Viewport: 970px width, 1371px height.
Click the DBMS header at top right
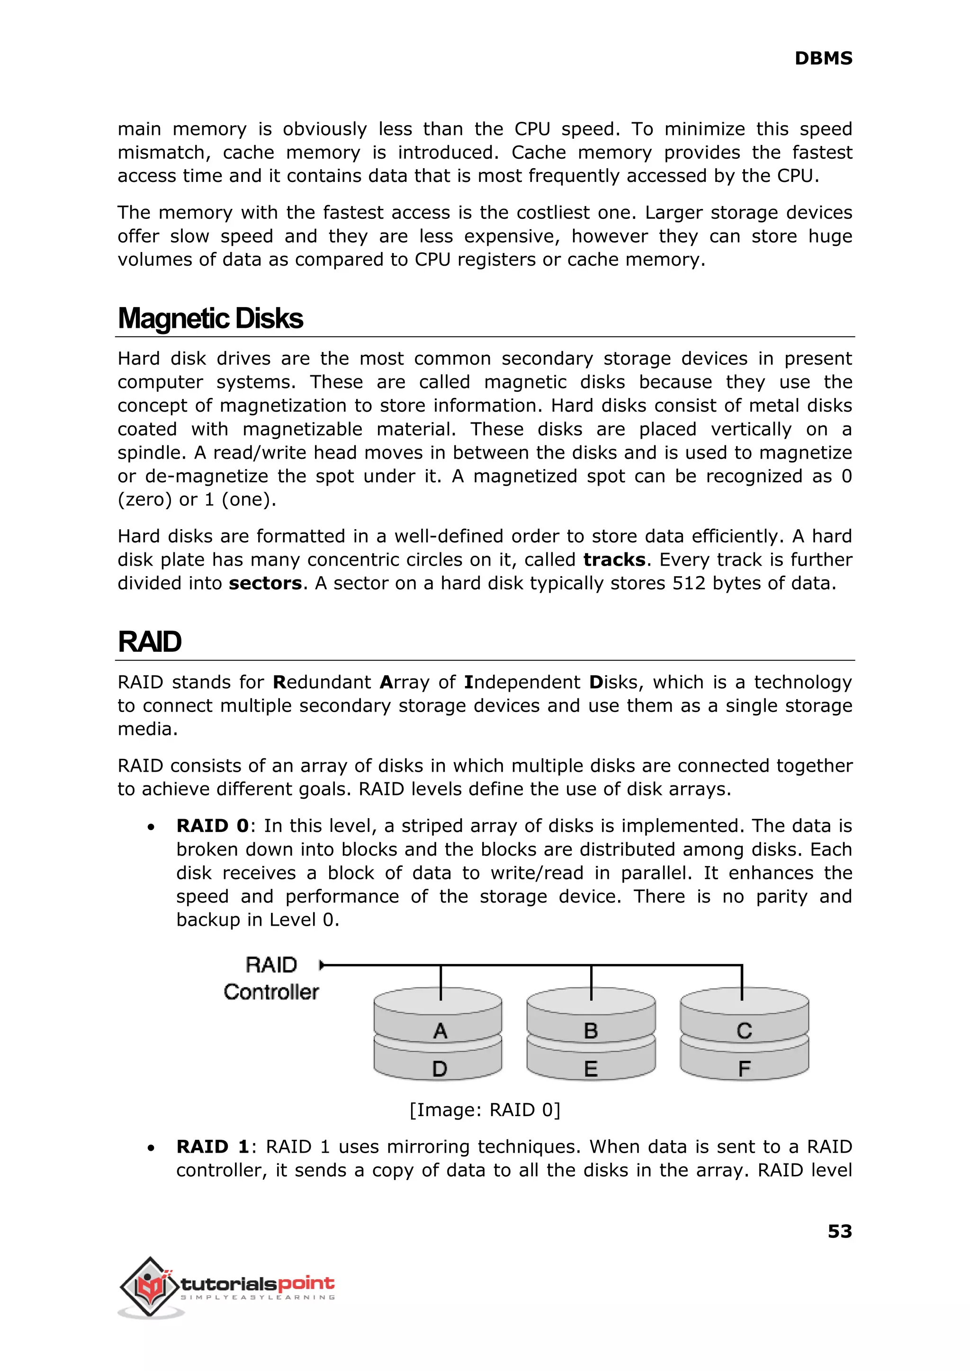[x=823, y=59]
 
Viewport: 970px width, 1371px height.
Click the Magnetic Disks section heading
[x=210, y=318]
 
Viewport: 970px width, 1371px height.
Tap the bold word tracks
[x=614, y=560]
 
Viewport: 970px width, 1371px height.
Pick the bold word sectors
[x=265, y=583]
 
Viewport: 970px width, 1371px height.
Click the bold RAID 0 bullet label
[x=212, y=826]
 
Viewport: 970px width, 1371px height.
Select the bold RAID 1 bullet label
[x=212, y=1146]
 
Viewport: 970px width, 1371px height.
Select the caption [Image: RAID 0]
[x=485, y=1110]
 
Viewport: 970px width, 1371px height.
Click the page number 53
[x=839, y=1232]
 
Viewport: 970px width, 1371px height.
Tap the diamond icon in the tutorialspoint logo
[x=150, y=1286]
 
